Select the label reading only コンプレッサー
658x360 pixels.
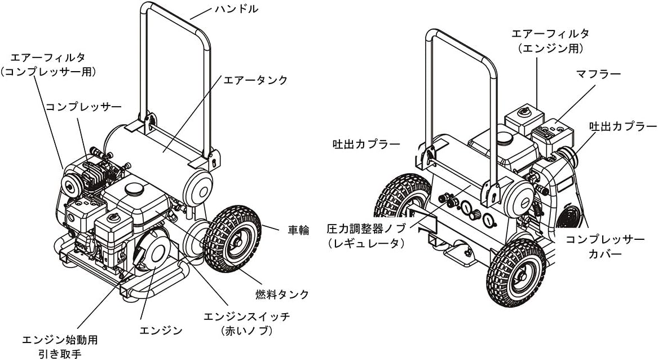[x=76, y=106]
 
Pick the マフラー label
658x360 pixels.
[x=598, y=74]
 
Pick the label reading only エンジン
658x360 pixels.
[x=161, y=329]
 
